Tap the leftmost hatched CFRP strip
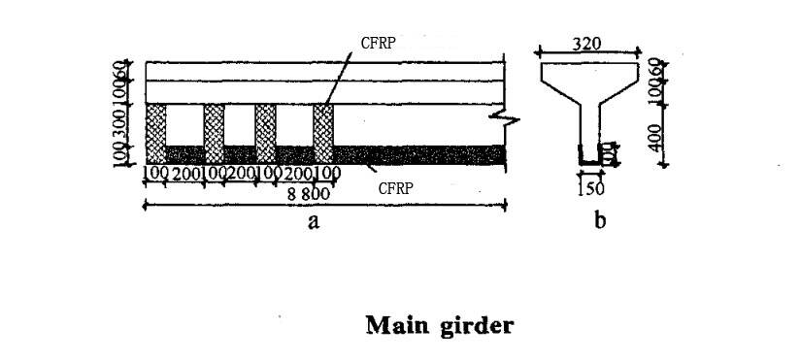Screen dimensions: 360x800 click(x=154, y=133)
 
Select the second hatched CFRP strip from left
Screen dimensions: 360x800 click(x=214, y=133)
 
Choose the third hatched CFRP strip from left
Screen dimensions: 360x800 click(x=265, y=133)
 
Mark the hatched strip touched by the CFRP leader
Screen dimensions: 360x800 click(x=323, y=133)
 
